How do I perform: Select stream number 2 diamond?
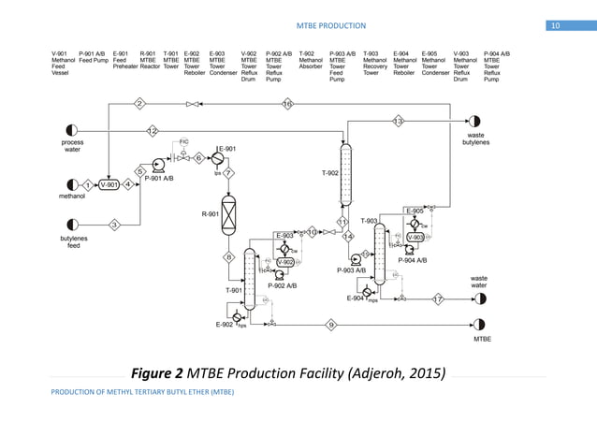pos(139,102)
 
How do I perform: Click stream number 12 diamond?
pos(152,129)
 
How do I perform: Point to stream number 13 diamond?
pos(398,121)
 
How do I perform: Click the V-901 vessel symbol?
pos(109,184)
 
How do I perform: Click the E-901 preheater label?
pos(226,148)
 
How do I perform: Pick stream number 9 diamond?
pos(331,324)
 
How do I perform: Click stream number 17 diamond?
pos(438,298)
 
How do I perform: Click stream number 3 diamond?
pos(114,225)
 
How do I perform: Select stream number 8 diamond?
pos(227,256)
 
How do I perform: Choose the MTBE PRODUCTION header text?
pos(331,24)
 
